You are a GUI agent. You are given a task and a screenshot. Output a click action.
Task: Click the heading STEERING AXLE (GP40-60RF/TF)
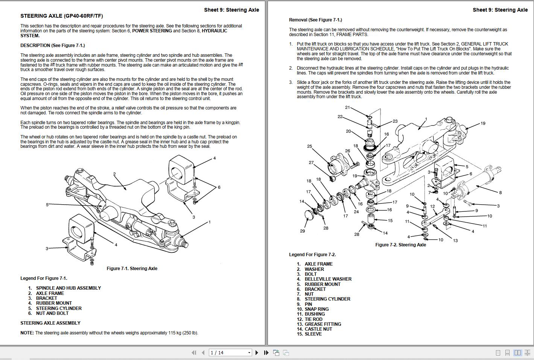point(61,16)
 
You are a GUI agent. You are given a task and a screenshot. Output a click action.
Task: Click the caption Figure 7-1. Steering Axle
point(132,269)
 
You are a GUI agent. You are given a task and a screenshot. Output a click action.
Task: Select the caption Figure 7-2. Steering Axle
point(400,245)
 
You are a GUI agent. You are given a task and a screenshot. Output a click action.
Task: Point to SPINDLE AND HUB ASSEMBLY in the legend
point(68,288)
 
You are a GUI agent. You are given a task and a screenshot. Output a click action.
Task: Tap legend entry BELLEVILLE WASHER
point(328,279)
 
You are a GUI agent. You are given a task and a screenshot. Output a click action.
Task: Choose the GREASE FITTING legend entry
point(323,324)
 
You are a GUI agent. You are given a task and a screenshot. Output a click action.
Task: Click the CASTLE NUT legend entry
point(318,329)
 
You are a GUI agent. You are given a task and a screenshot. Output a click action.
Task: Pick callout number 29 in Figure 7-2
point(302,231)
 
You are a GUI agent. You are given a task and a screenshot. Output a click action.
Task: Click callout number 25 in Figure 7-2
point(309,146)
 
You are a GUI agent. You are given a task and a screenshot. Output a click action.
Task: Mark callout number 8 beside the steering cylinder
point(500,193)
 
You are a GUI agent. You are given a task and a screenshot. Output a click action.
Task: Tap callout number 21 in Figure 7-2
point(347,108)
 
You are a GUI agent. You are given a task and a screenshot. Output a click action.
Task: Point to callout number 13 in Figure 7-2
point(455,241)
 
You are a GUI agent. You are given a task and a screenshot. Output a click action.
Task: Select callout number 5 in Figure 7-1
point(47,205)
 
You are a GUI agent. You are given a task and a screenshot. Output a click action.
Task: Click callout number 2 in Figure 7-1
point(114,174)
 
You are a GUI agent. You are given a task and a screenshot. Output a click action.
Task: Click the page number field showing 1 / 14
point(230,352)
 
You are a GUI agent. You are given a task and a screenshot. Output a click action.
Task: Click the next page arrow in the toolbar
point(257,352)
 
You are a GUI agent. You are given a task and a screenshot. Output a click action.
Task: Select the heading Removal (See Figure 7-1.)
point(315,20)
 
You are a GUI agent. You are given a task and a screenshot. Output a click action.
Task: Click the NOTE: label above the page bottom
point(27,333)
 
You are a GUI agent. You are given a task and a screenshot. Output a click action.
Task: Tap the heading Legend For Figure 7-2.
point(312,255)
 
